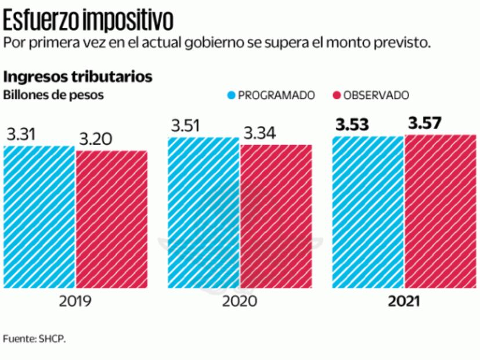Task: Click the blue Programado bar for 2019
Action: [x=39, y=217]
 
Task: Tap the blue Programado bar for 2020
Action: [x=204, y=213]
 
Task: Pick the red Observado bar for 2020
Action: [x=276, y=216]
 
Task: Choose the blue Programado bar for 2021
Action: [x=367, y=212]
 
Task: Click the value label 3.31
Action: [x=21, y=135]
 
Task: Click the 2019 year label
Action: [x=75, y=302]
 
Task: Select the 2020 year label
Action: [x=239, y=302]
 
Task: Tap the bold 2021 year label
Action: [x=403, y=302]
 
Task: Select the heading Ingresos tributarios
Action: [x=78, y=77]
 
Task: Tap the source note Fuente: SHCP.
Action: [x=34, y=339]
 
